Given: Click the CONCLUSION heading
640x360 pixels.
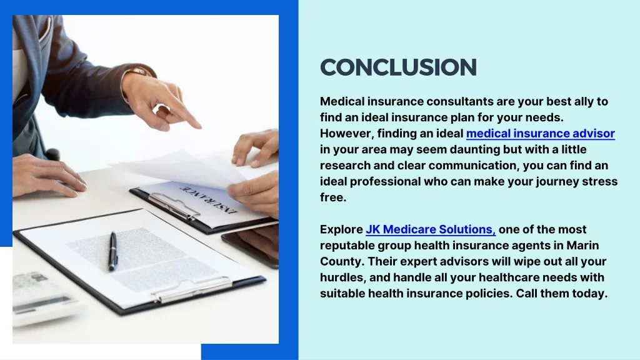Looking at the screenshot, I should click(398, 67).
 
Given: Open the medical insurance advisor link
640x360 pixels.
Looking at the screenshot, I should click(540, 134).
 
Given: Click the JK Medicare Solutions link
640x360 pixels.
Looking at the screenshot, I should click(431, 230).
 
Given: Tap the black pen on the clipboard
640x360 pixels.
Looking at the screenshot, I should click(112, 251).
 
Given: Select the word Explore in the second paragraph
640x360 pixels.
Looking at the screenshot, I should click(341, 230).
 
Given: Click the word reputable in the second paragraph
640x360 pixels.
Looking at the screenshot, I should click(346, 246).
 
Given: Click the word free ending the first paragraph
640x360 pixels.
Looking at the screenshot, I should click(332, 197).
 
